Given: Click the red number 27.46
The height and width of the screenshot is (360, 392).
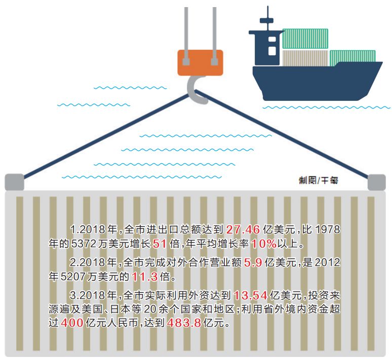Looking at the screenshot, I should [x=243, y=230].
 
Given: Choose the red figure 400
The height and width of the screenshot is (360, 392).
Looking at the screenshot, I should [x=73, y=323].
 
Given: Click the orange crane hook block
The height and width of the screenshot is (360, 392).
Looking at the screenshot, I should [x=201, y=62].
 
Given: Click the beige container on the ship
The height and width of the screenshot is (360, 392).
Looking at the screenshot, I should [x=305, y=57].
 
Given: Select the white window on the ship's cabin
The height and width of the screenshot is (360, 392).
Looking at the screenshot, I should [x=272, y=50].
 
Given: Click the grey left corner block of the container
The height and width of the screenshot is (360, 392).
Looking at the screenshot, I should [x=14, y=182].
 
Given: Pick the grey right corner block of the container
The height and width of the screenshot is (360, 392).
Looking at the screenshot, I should [x=377, y=182].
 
